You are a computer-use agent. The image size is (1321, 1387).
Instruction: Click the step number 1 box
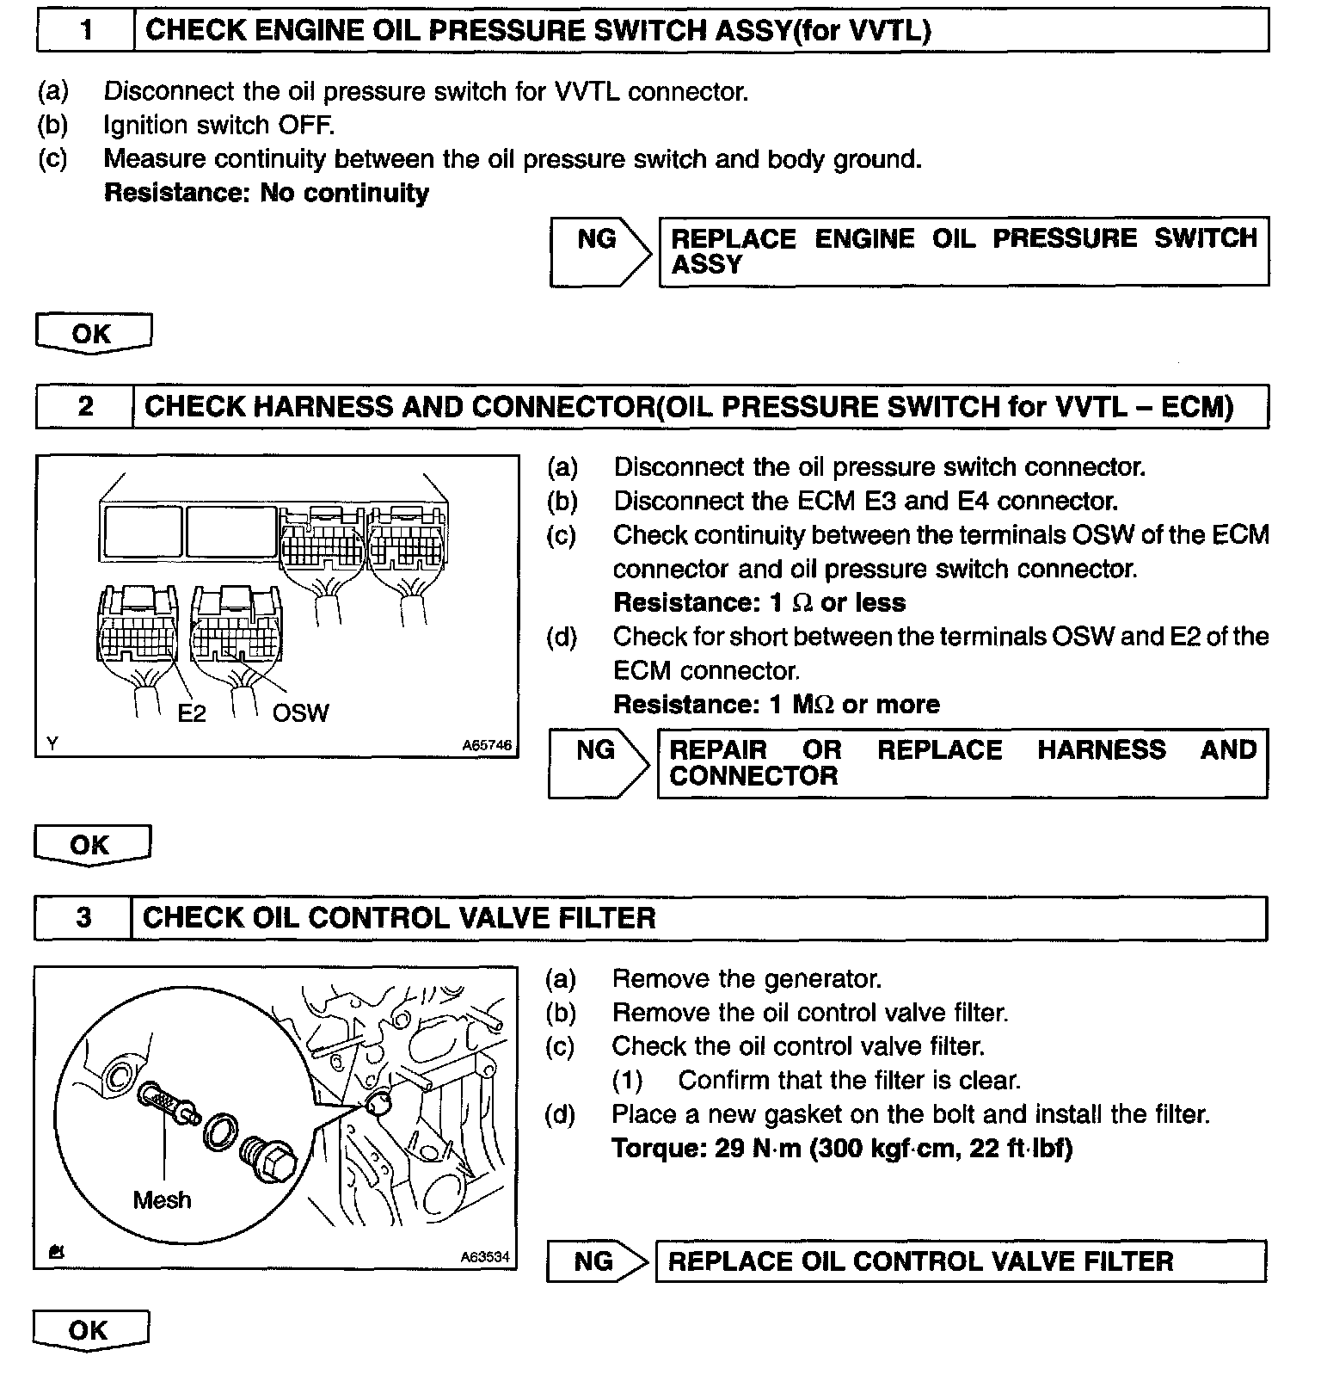point(86,31)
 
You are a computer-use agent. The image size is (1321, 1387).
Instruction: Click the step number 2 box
point(85,406)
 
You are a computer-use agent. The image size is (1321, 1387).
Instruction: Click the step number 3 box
point(83,918)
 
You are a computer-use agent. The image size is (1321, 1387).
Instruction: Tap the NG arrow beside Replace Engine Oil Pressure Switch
point(599,251)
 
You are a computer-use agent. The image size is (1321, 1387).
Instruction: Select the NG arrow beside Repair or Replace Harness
point(598,763)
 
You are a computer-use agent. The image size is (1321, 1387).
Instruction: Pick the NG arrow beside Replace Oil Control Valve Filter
point(596,1261)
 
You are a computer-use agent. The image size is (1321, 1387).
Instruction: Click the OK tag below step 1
point(93,334)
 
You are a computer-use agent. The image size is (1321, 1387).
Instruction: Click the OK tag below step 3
point(90,1330)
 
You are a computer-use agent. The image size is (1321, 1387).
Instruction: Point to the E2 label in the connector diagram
point(192,713)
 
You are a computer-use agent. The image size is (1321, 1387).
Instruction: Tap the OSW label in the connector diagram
point(300,713)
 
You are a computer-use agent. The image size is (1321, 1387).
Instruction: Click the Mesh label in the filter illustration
point(162,1199)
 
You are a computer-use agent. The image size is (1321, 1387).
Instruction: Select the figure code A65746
point(487,745)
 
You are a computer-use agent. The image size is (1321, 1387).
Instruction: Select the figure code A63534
point(485,1257)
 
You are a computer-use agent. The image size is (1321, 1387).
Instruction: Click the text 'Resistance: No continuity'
point(266,193)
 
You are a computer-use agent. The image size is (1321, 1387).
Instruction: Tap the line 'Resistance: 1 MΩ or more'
point(776,705)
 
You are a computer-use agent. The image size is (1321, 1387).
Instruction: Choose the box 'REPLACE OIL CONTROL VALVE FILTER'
point(960,1261)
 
